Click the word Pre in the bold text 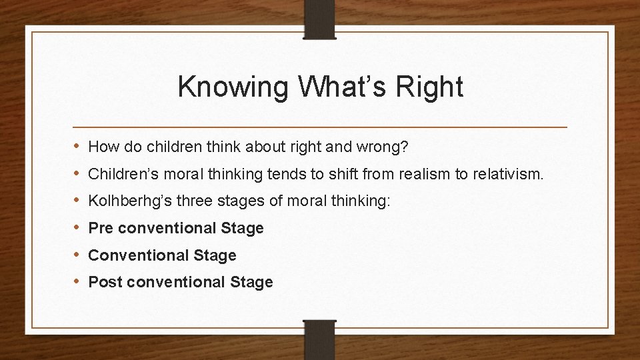pyautogui.click(x=101, y=229)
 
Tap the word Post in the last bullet pyautogui.click(x=105, y=283)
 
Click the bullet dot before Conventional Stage pyautogui.click(x=77, y=255)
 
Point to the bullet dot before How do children pyautogui.click(x=77, y=147)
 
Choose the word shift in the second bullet pyautogui.click(x=296, y=174)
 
